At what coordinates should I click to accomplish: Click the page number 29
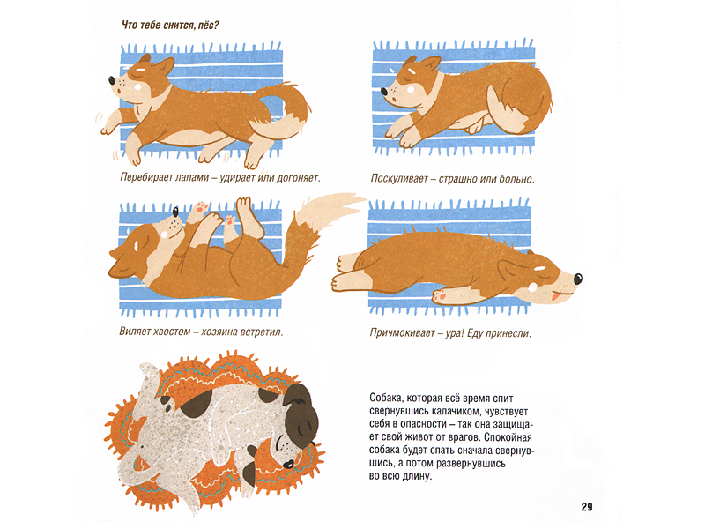[x=587, y=507]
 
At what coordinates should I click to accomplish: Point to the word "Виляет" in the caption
[x=135, y=332]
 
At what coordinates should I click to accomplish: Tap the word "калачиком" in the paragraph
[x=455, y=411]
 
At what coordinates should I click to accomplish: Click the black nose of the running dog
[x=112, y=80]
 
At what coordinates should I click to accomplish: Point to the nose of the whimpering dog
[x=384, y=92]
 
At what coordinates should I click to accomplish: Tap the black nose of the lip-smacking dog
[x=578, y=279]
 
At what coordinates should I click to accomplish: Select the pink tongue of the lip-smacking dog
[x=556, y=297]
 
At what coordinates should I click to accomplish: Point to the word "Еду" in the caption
[x=476, y=333]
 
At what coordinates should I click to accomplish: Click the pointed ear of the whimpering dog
[x=432, y=63]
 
